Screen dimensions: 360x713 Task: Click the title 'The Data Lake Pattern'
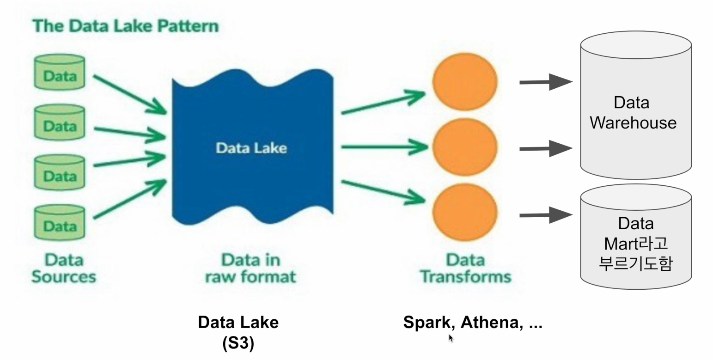[125, 26]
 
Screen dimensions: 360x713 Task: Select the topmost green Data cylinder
[60, 73]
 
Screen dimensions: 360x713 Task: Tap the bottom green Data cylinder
[60, 223]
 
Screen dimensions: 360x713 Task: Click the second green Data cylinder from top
[60, 122]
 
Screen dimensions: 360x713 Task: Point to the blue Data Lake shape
[252, 148]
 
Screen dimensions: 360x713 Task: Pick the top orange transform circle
[465, 82]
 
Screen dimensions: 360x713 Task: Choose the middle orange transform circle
[465, 147]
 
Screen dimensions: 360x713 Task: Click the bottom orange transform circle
[465, 212]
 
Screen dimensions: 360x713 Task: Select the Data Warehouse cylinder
[635, 106]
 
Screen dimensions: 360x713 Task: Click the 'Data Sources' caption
[64, 268]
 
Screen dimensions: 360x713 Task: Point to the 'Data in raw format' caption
[250, 268]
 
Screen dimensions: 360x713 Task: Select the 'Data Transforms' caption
[465, 268]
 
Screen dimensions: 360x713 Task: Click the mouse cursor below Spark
[451, 338]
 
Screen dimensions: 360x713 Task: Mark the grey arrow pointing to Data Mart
[545, 215]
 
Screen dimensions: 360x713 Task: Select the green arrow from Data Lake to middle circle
[384, 147]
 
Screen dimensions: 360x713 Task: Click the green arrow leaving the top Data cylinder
[129, 94]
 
